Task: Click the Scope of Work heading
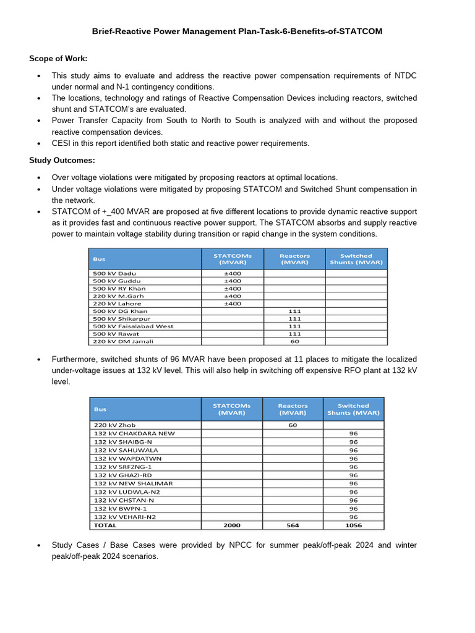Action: [58, 58]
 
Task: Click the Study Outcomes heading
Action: [62, 160]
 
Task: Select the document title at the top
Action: [237, 31]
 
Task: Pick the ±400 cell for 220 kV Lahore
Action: [233, 304]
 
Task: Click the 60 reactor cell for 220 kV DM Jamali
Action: [294, 341]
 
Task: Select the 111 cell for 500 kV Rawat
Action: [294, 334]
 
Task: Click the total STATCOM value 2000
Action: [231, 525]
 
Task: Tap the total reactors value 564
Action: [293, 525]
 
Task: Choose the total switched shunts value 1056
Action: [353, 525]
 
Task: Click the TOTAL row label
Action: [105, 525]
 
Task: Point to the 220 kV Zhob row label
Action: [114, 425]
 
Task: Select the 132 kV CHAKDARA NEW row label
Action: [134, 433]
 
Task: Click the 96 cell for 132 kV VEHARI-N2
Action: [353, 517]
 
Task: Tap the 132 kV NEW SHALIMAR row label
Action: [133, 483]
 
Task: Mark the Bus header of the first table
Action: [100, 259]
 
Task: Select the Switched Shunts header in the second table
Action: [353, 409]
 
